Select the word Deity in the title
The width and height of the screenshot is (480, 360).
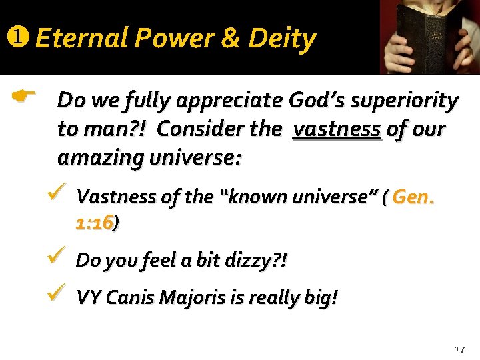pyautogui.click(x=282, y=39)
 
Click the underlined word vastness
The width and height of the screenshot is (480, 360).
pyautogui.click(x=337, y=129)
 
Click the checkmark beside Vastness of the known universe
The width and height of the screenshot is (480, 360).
pyautogui.click(x=56, y=195)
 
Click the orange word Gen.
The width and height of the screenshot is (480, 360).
pyautogui.click(x=413, y=197)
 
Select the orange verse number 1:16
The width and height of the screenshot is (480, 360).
pyautogui.click(x=95, y=224)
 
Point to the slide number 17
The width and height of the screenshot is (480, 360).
pyautogui.click(x=459, y=349)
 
